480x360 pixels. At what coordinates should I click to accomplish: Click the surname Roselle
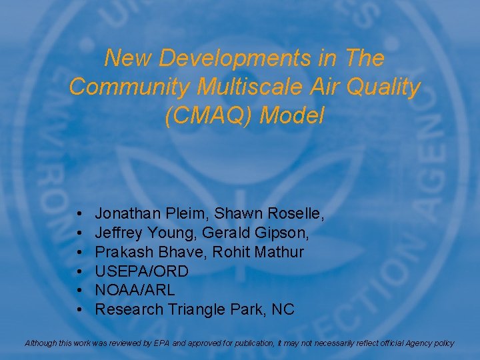point(295,214)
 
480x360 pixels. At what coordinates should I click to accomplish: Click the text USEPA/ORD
point(141,271)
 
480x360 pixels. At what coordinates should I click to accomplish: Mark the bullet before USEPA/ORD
point(79,272)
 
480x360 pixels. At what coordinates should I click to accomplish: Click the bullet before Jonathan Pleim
point(79,215)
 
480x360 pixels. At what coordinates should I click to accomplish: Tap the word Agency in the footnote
point(421,343)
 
